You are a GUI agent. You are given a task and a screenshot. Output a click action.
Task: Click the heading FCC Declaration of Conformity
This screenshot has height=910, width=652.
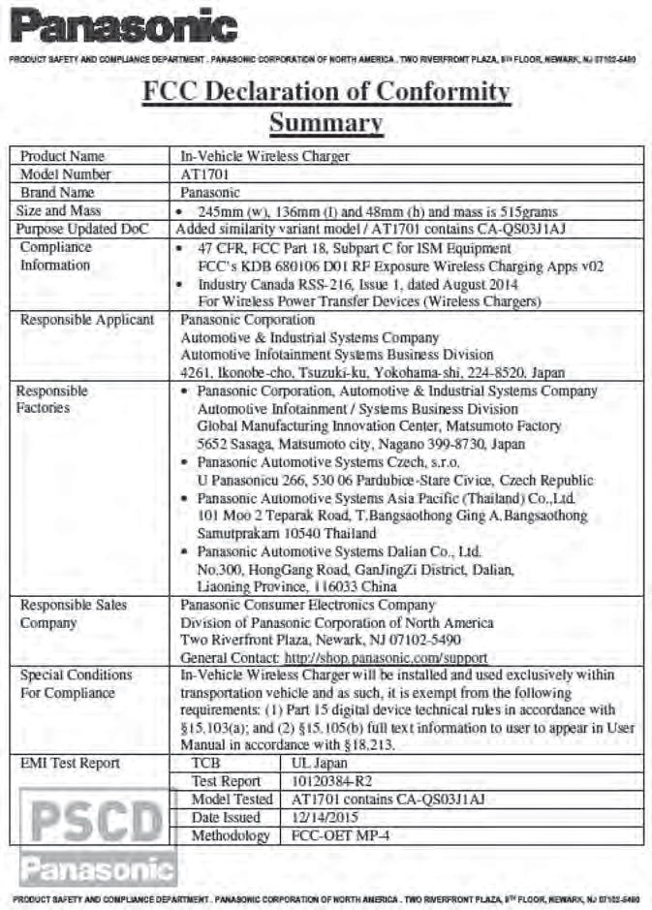[326, 92]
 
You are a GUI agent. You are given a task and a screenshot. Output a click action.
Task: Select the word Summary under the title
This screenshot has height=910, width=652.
[326, 123]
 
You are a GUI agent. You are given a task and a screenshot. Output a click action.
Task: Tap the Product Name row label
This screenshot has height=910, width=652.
[62, 156]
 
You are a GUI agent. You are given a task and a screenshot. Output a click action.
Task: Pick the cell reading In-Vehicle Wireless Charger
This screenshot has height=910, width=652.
[265, 156]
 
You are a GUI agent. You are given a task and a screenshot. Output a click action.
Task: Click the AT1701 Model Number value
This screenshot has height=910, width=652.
[208, 174]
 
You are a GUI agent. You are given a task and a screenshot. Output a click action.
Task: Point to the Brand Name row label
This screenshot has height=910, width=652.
[59, 193]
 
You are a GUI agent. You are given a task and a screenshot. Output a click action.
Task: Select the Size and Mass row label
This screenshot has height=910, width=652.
[60, 210]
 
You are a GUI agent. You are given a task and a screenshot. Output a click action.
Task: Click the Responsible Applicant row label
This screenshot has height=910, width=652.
[86, 320]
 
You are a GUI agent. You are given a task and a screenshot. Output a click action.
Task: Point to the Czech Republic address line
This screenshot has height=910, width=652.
[395, 481]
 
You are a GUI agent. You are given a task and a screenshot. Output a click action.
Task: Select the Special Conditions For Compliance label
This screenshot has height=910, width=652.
[77, 684]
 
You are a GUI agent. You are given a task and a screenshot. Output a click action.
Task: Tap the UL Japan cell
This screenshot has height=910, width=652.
[321, 763]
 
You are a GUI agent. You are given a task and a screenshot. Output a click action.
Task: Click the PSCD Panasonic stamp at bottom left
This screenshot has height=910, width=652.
[97, 835]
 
